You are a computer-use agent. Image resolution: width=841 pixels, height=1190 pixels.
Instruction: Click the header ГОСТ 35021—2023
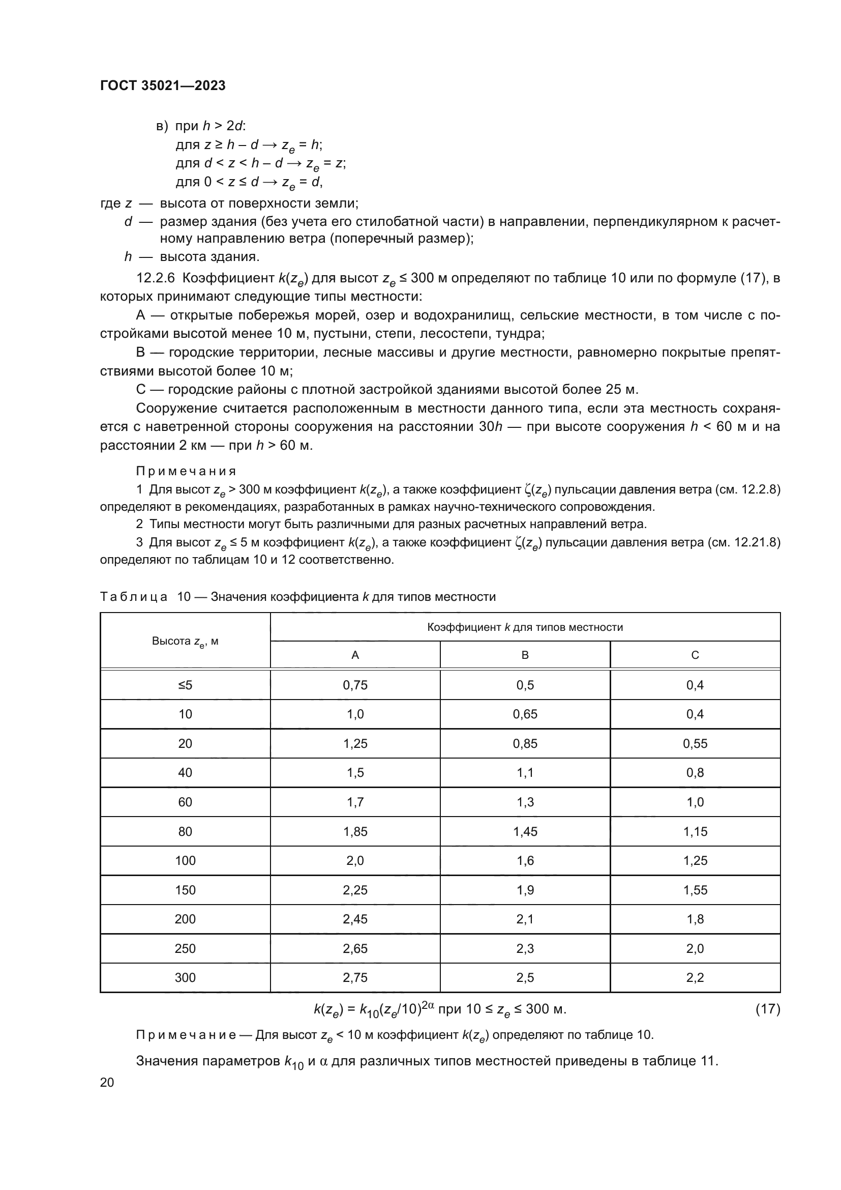click(163, 85)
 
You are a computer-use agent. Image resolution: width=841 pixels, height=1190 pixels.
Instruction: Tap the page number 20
click(107, 1082)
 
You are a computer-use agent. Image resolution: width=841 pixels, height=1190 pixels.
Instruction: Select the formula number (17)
click(767, 1009)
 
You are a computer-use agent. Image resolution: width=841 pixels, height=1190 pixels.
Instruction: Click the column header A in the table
click(355, 655)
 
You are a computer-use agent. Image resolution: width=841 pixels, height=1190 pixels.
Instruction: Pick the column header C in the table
click(695, 655)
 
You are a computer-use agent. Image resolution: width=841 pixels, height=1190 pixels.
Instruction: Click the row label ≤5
click(185, 685)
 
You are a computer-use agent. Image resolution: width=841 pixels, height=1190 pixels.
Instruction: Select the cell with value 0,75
click(355, 685)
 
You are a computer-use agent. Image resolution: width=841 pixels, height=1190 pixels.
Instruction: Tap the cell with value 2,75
click(355, 978)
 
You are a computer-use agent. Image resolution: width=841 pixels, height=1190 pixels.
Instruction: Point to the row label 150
click(185, 890)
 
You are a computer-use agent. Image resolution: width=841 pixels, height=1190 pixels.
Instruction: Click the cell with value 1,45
click(525, 832)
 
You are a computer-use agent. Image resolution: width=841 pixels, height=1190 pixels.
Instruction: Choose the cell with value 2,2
click(695, 978)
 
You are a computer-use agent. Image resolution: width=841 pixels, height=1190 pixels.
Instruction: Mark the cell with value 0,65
click(525, 714)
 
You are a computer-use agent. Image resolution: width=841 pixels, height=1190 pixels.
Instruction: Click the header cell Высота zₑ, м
click(185, 642)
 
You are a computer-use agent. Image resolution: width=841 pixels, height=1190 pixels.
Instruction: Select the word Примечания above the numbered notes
click(186, 471)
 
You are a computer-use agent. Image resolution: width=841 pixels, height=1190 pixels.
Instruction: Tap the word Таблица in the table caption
click(134, 597)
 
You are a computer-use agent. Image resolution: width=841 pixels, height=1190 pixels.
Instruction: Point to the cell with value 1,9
click(525, 890)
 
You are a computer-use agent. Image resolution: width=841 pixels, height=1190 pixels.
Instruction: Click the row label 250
click(185, 949)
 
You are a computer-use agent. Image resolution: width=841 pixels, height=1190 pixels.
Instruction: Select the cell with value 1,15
click(695, 832)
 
